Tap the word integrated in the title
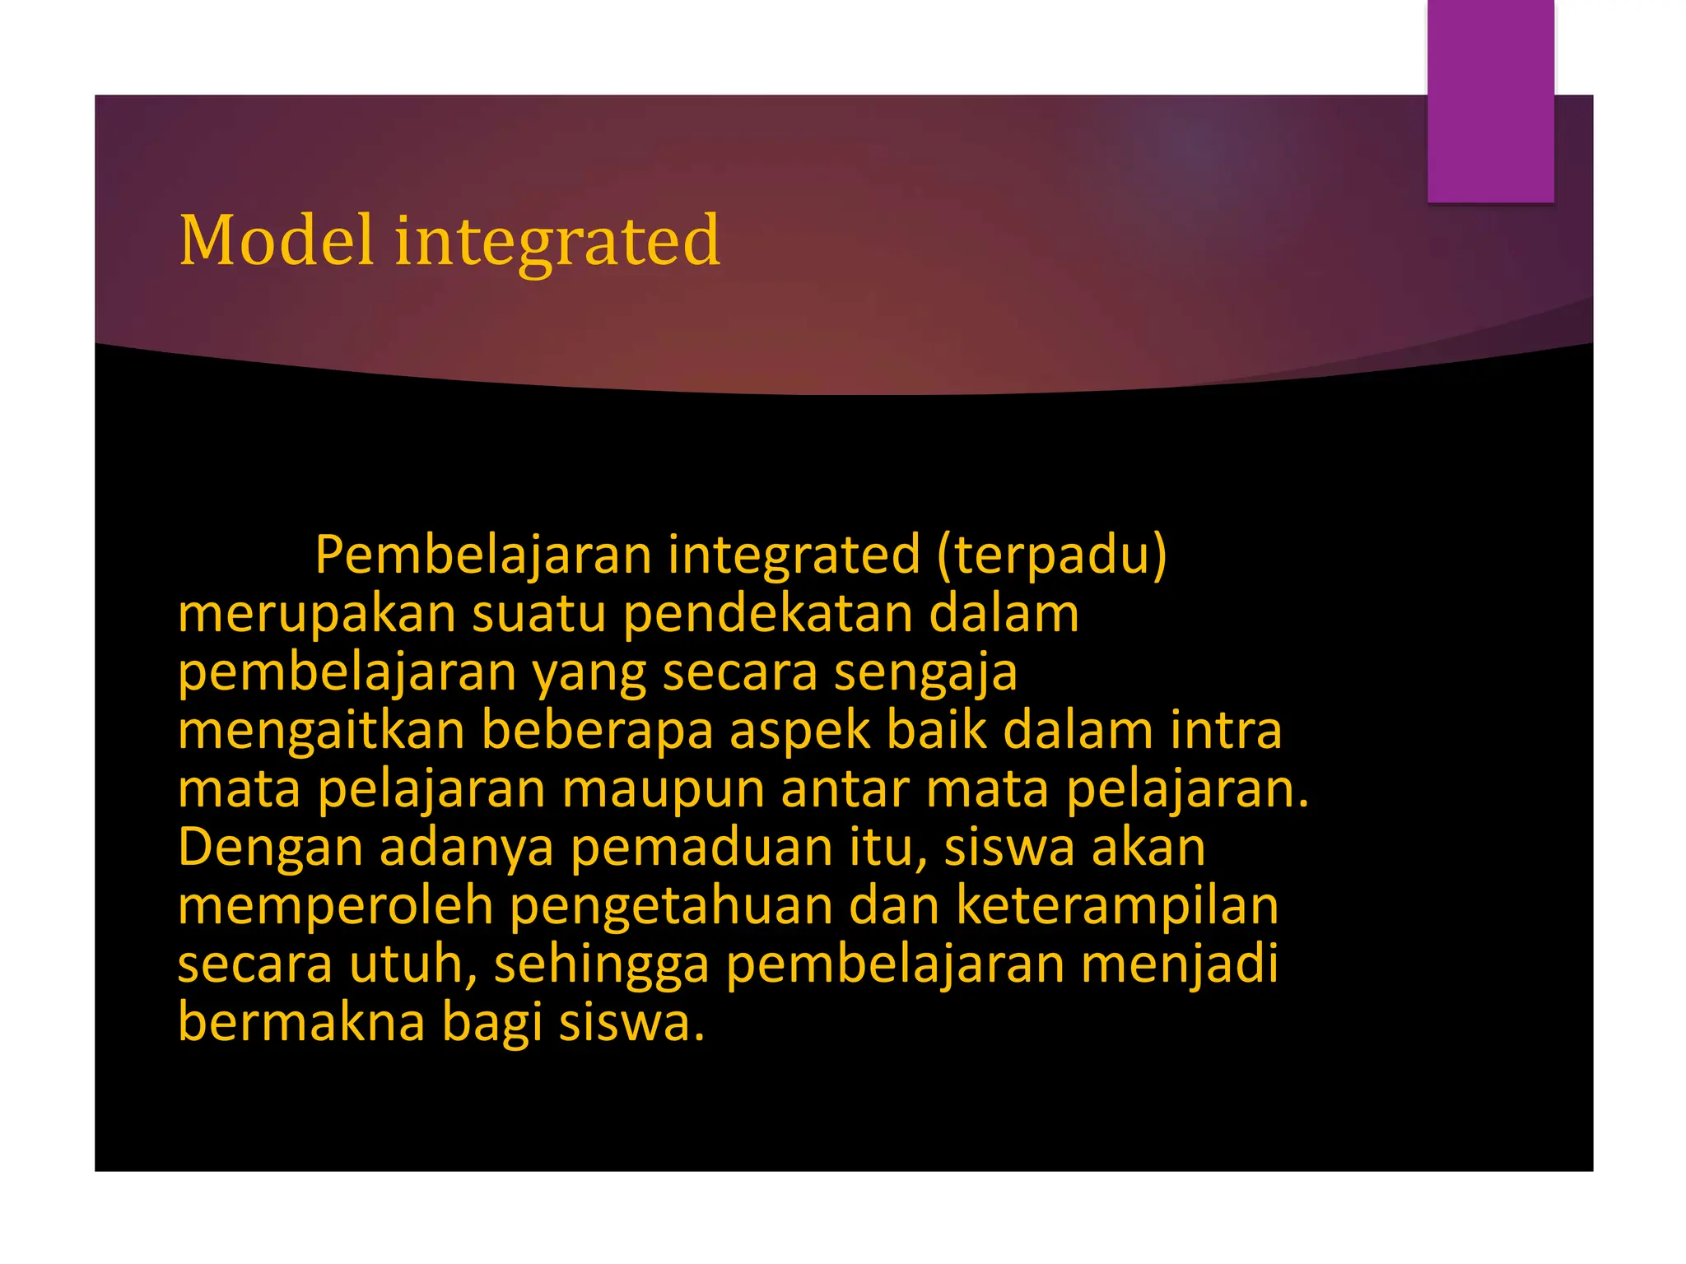[x=557, y=242]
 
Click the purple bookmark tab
[x=1490, y=101]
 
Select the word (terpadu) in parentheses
[x=1051, y=555]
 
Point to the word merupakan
[x=317, y=616]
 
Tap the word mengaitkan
[x=321, y=731]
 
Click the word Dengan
[x=270, y=849]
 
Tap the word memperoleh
[x=335, y=907]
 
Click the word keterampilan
[x=1117, y=907]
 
